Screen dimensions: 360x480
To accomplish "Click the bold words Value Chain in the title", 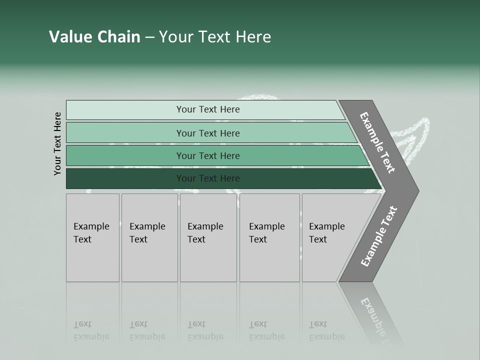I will coord(94,37).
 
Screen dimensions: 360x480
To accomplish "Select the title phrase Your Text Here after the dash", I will coord(215,37).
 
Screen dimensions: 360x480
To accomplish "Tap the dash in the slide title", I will coord(149,37).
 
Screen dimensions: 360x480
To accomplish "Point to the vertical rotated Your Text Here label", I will coord(57,143).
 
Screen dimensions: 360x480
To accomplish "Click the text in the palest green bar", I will coord(208,109).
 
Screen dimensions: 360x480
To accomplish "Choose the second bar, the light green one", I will coord(208,133).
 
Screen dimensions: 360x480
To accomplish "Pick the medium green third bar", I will coord(208,156).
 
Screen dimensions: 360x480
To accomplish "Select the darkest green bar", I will coord(208,178).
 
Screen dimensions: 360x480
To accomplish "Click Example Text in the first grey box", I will coord(91,233).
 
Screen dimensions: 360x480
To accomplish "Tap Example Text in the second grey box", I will coord(147,233).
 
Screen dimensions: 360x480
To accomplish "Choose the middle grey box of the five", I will coord(208,237).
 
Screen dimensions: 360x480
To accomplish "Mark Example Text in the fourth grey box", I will coord(266,233).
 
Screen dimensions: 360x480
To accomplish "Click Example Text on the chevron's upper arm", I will coord(377,142).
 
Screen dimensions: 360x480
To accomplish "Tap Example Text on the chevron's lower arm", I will coord(379,236).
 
